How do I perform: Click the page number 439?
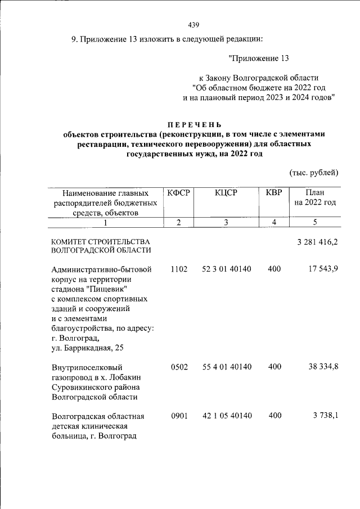[x=193, y=25]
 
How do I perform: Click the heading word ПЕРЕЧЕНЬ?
[x=194, y=124]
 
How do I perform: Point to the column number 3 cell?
[x=226, y=222]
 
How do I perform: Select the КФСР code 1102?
[x=178, y=269]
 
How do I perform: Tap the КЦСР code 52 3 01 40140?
[x=227, y=269]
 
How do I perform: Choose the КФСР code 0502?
[x=178, y=367]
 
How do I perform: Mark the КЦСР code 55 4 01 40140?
[x=227, y=367]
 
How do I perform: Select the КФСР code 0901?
[x=178, y=416]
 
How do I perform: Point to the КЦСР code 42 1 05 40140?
[x=227, y=416]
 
